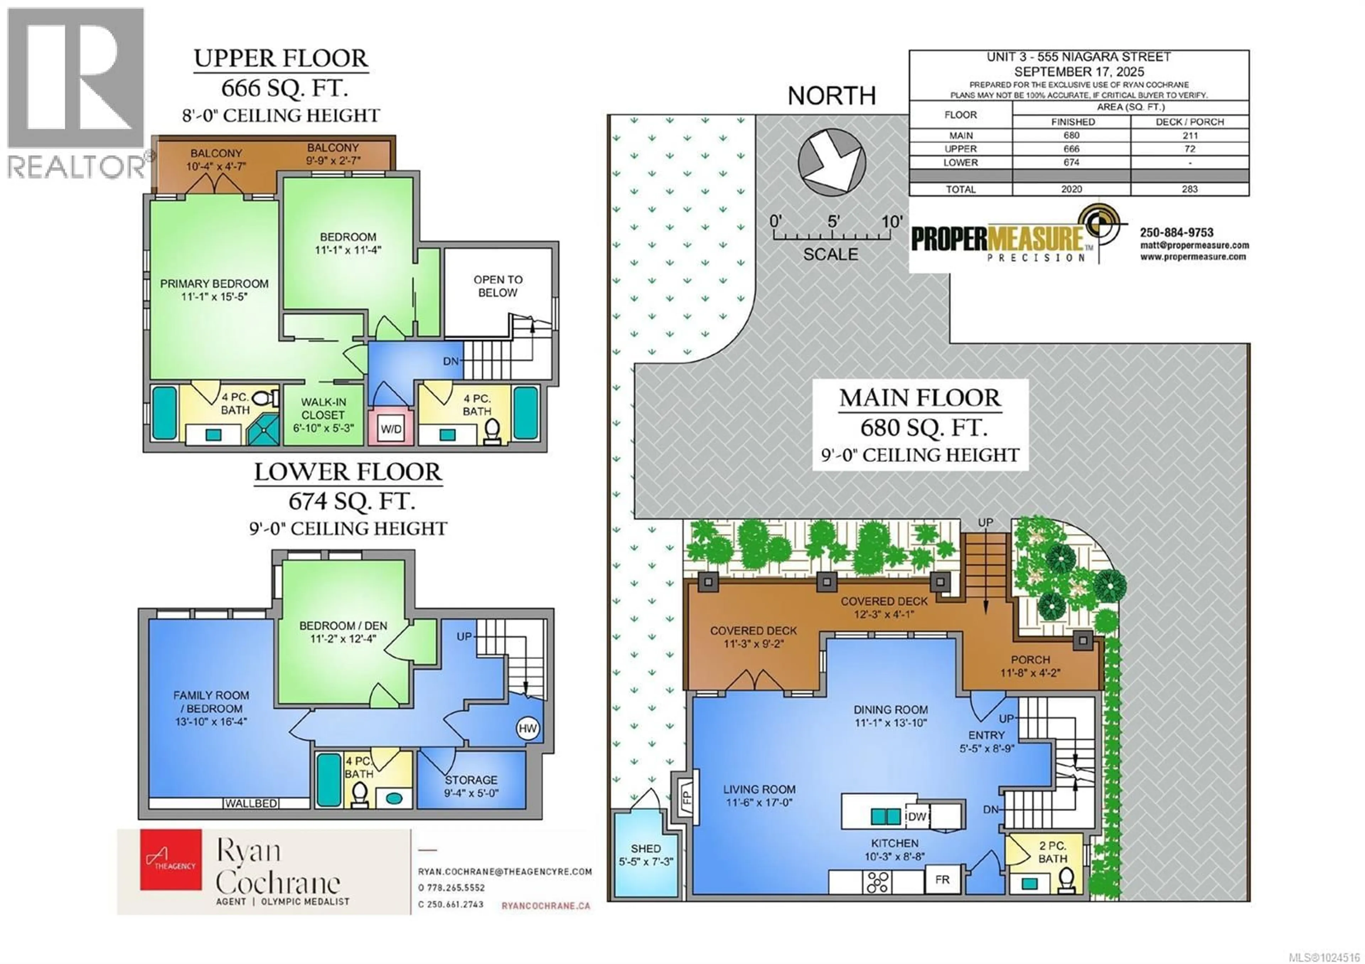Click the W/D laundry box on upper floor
pyautogui.click(x=391, y=429)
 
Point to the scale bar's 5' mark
pyautogui.click(x=833, y=222)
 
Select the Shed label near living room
pyautogui.click(x=645, y=849)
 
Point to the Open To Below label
pyautogui.click(x=498, y=286)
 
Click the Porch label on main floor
pyautogui.click(x=1030, y=660)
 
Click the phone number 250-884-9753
pyautogui.click(x=1177, y=232)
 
